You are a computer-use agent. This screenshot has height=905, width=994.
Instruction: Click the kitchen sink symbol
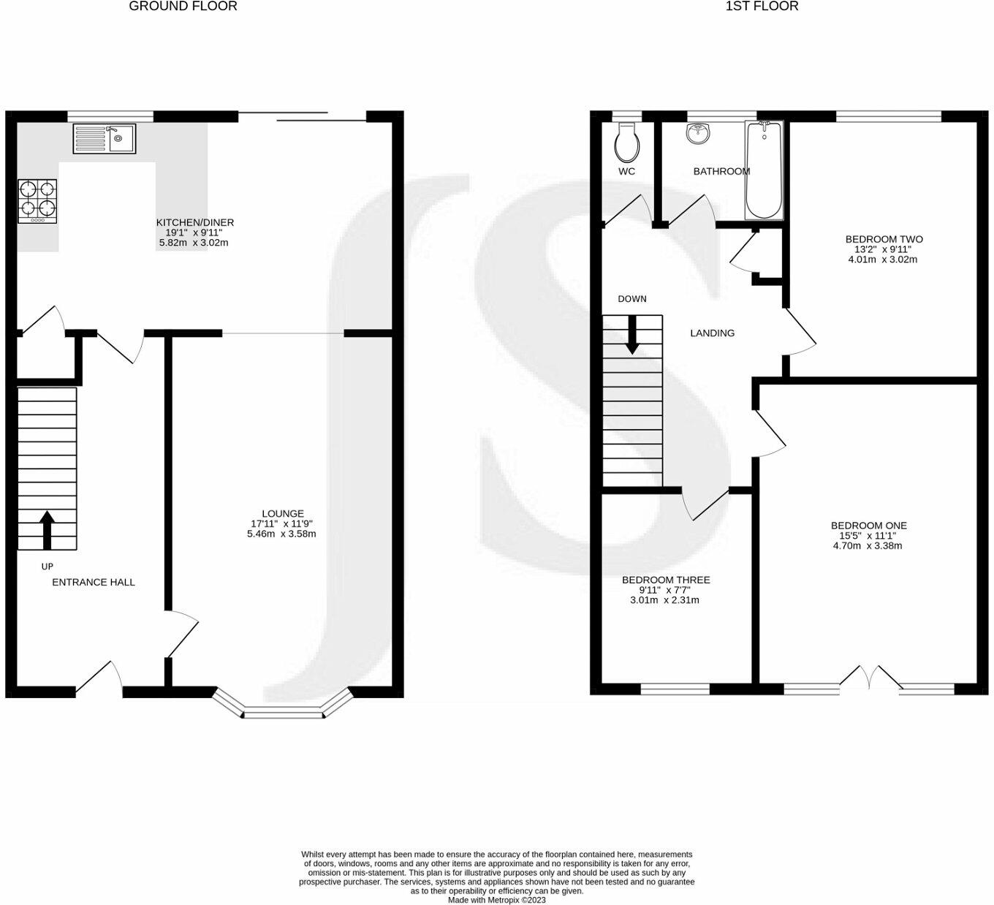pos(104,138)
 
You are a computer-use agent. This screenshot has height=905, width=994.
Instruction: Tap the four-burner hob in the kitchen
pos(38,201)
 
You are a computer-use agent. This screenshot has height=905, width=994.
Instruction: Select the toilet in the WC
pos(627,143)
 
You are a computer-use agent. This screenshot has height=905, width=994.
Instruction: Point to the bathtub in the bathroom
pos(764,170)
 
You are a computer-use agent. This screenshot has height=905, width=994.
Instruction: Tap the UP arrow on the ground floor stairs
pos(47,530)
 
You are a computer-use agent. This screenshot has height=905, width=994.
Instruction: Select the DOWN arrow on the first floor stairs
pos(632,335)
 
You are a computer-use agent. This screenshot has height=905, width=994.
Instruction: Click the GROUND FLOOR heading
pos(183,7)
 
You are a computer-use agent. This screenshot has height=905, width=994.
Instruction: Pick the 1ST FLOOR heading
pos(762,7)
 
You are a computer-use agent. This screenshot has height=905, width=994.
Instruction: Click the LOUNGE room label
pos(283,513)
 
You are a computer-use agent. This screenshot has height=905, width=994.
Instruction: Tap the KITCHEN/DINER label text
pos(195,222)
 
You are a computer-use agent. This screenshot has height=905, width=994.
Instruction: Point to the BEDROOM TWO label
pos(884,239)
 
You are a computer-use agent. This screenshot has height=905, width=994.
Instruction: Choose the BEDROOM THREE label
pos(666,580)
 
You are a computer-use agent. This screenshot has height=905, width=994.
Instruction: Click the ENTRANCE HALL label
pos(94,583)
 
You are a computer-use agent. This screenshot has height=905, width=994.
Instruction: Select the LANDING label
pos(713,333)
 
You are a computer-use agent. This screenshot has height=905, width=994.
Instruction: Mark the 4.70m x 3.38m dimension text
pos(868,546)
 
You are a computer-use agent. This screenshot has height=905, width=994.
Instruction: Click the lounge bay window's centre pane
pos(283,715)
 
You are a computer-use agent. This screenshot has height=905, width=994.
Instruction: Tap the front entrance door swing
pos(99,678)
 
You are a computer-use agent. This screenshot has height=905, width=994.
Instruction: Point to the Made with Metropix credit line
pos(497,900)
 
